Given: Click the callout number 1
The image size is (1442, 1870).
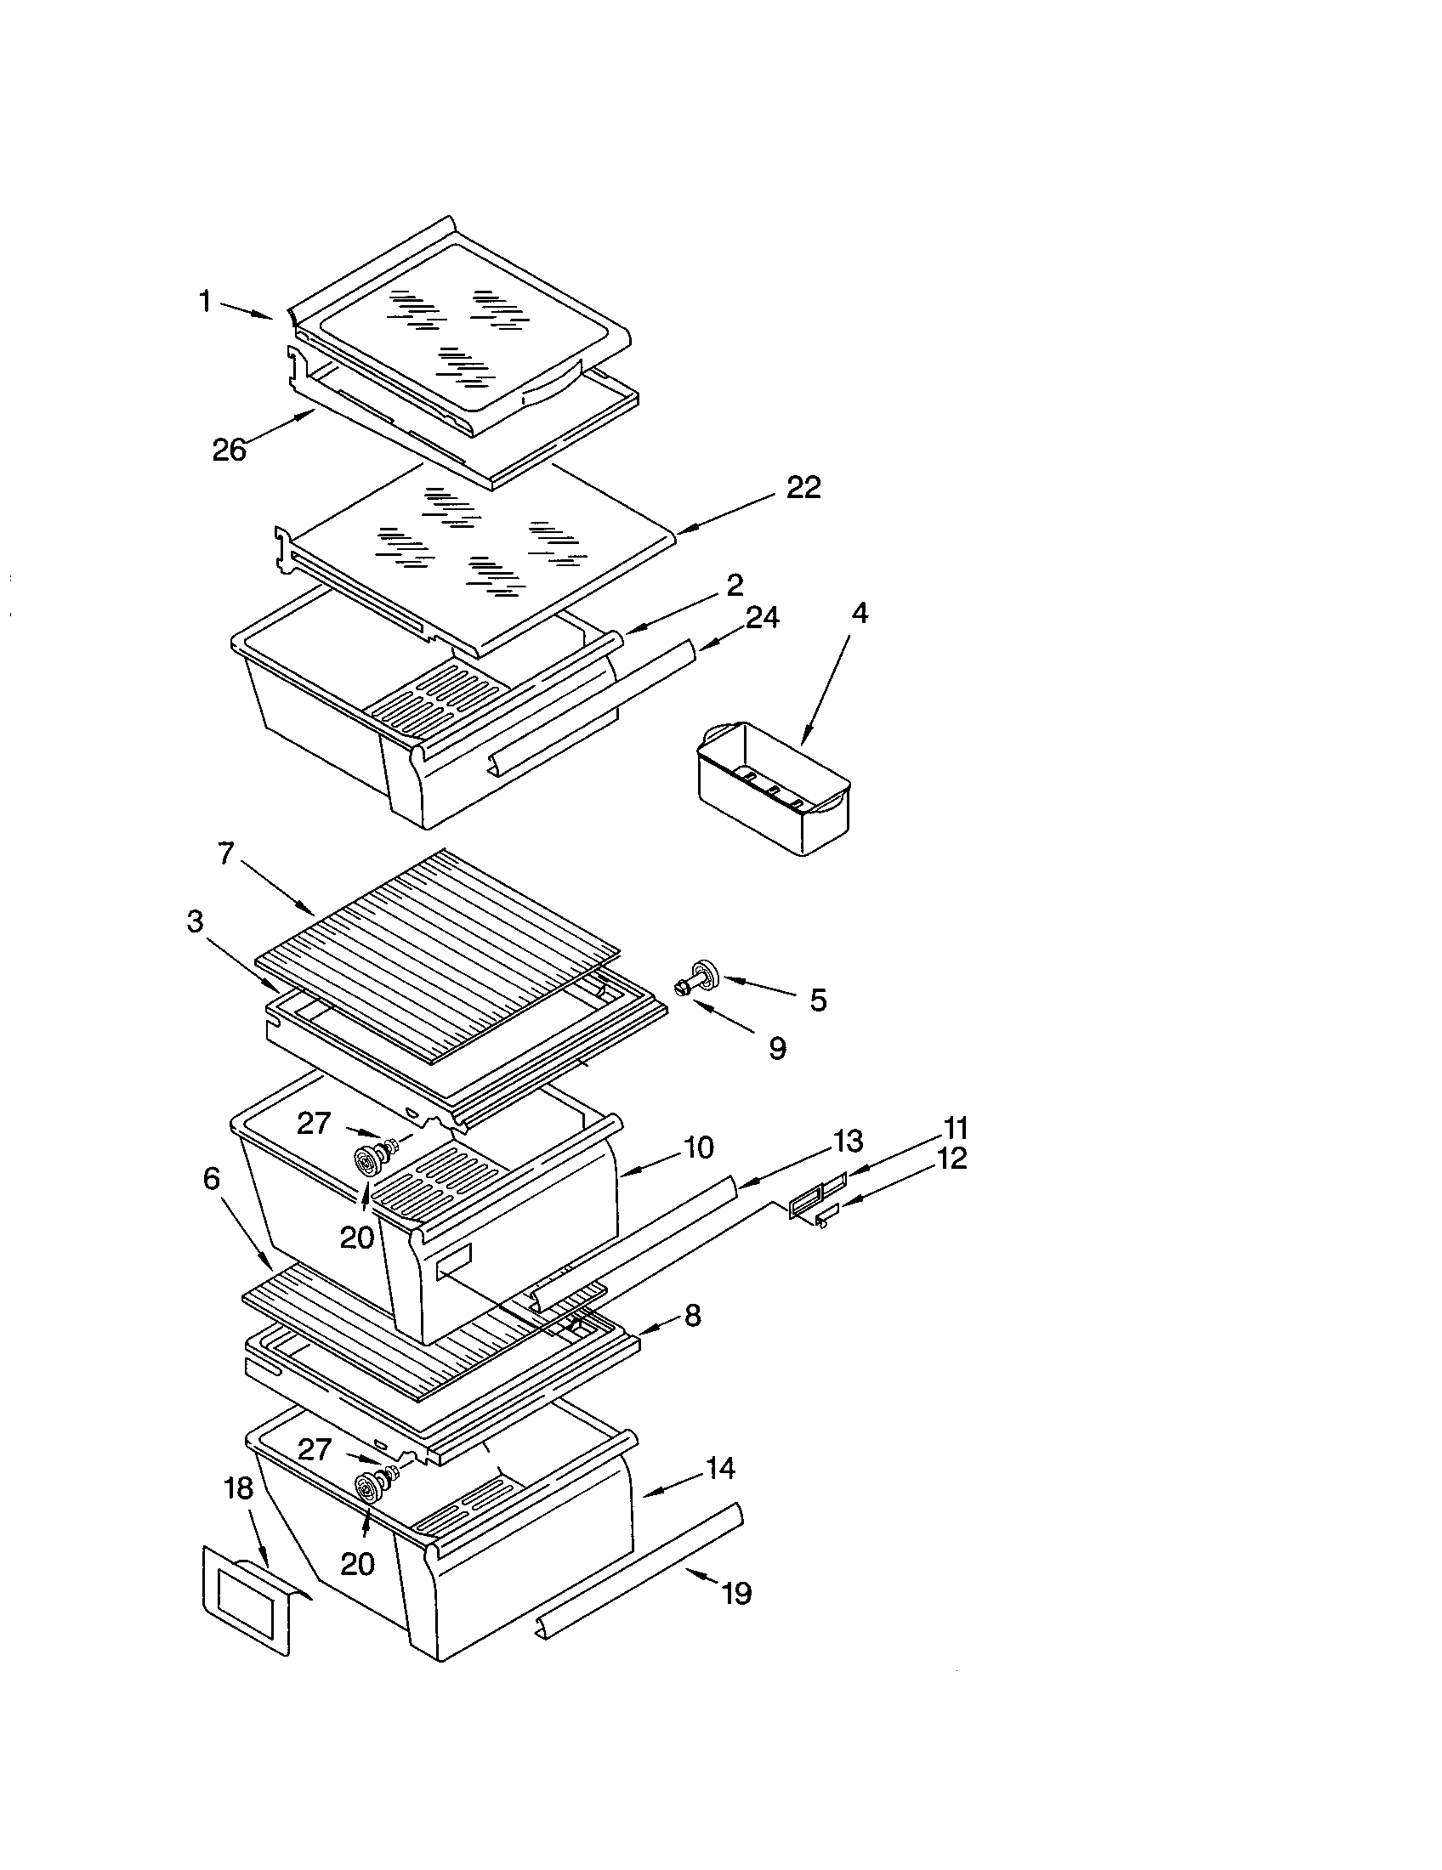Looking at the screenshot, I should click(205, 303).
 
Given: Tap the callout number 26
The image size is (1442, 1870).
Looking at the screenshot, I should click(230, 450).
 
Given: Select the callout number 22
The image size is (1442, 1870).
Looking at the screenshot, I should click(803, 488).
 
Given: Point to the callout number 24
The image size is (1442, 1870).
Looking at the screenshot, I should click(761, 617).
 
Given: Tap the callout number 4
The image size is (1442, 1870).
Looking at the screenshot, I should click(860, 613).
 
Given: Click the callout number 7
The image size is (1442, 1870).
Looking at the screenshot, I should click(226, 853).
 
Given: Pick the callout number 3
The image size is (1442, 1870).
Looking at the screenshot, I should click(196, 921).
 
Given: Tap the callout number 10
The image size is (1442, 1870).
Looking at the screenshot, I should click(699, 1147).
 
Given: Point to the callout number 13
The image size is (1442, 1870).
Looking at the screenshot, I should click(848, 1142).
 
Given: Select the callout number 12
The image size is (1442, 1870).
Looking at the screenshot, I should click(952, 1158).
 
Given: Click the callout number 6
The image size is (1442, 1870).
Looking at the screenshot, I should click(212, 1179).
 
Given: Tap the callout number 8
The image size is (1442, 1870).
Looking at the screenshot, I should click(692, 1315).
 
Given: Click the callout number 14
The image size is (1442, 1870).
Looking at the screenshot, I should click(720, 1469).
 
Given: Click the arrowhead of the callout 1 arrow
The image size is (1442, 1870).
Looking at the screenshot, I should click(272, 318).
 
